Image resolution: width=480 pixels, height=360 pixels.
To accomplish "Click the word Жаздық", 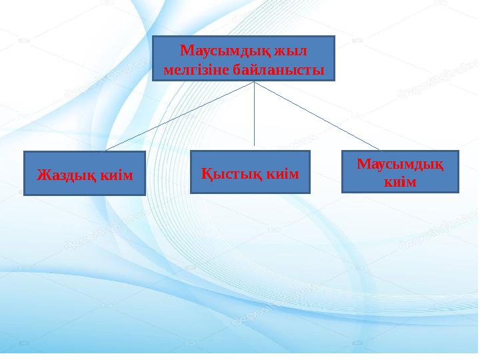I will (67, 175).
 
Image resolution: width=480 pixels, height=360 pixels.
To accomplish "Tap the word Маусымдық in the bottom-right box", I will (400, 164).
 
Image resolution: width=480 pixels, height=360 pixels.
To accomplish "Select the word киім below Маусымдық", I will (400, 181).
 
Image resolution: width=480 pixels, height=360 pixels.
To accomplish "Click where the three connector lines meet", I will (254, 82).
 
